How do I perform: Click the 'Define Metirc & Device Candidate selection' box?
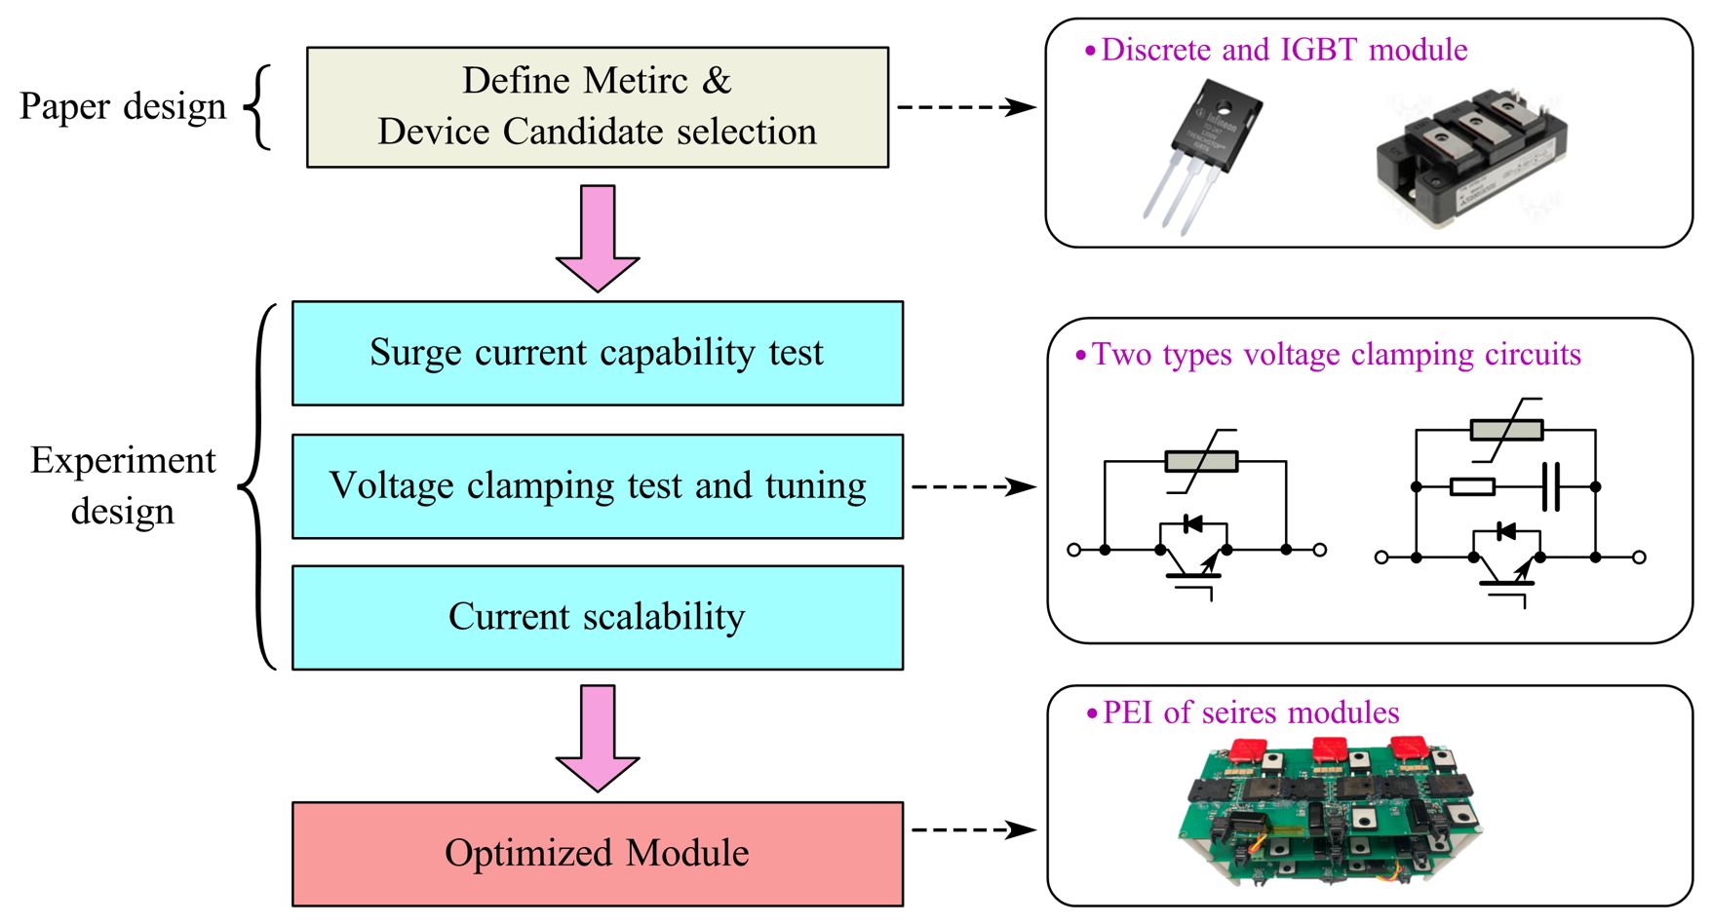[597, 107]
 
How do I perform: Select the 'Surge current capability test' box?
[597, 353]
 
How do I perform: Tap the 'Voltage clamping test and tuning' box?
[597, 486]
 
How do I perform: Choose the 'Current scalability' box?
[597, 617]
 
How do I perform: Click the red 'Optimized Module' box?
[597, 854]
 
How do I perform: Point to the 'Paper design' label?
[123, 106]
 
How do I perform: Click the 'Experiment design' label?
[123, 485]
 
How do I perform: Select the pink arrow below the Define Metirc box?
[598, 238]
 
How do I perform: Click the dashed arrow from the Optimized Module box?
[972, 830]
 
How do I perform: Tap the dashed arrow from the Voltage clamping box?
[972, 486]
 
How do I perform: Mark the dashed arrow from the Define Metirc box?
[965, 107]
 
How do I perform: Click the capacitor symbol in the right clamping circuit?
[1551, 486]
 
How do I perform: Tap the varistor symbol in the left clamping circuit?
[1201, 460]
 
